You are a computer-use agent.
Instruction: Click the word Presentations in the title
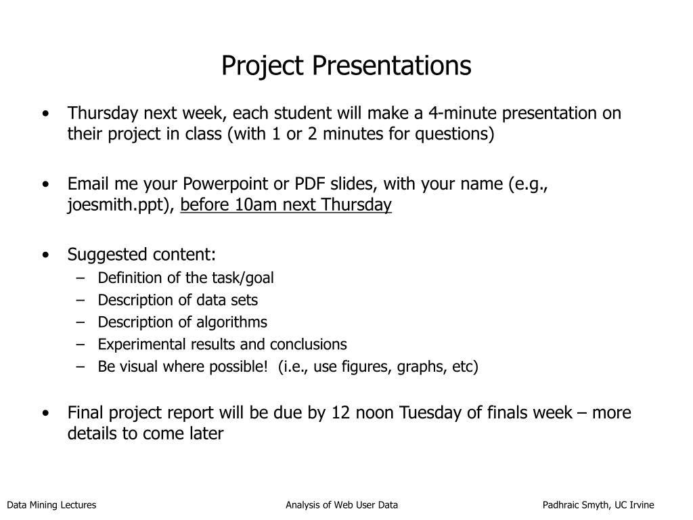click(392, 66)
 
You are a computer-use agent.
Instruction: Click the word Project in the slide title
click(263, 66)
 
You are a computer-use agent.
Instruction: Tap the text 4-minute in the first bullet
click(462, 113)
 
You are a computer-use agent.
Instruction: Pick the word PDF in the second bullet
click(310, 183)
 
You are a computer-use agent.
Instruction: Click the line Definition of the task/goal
click(185, 278)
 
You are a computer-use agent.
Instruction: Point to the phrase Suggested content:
click(141, 255)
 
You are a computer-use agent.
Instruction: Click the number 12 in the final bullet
click(341, 413)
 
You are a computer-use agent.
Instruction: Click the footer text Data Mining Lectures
click(51, 505)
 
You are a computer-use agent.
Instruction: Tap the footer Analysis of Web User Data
click(342, 505)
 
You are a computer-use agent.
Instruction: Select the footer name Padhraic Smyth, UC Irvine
click(598, 505)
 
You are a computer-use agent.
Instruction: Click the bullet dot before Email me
click(46, 184)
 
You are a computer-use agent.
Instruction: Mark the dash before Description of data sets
click(80, 300)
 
